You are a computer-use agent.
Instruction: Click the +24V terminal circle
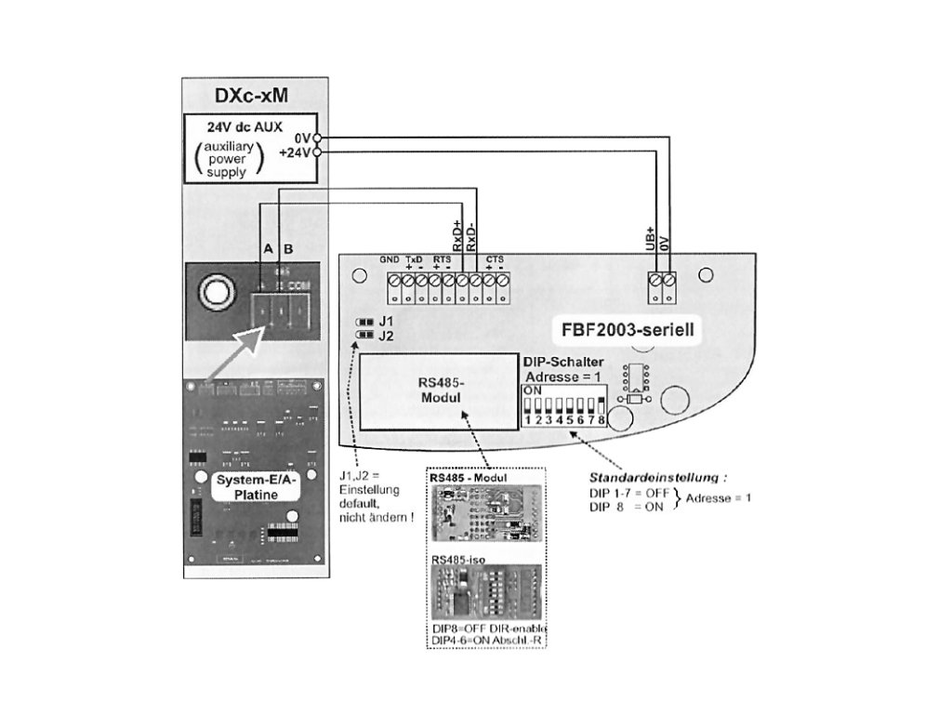coord(318,152)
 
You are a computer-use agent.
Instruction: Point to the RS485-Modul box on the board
coord(439,393)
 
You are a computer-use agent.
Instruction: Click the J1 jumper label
coord(386,322)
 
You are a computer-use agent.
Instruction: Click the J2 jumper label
coord(386,336)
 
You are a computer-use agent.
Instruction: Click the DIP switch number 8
coord(602,420)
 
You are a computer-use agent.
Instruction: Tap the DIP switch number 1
coord(527,420)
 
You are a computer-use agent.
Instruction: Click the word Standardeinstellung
coord(664,478)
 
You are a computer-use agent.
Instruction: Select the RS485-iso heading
coord(453,561)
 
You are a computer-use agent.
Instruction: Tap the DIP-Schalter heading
coord(562,361)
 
